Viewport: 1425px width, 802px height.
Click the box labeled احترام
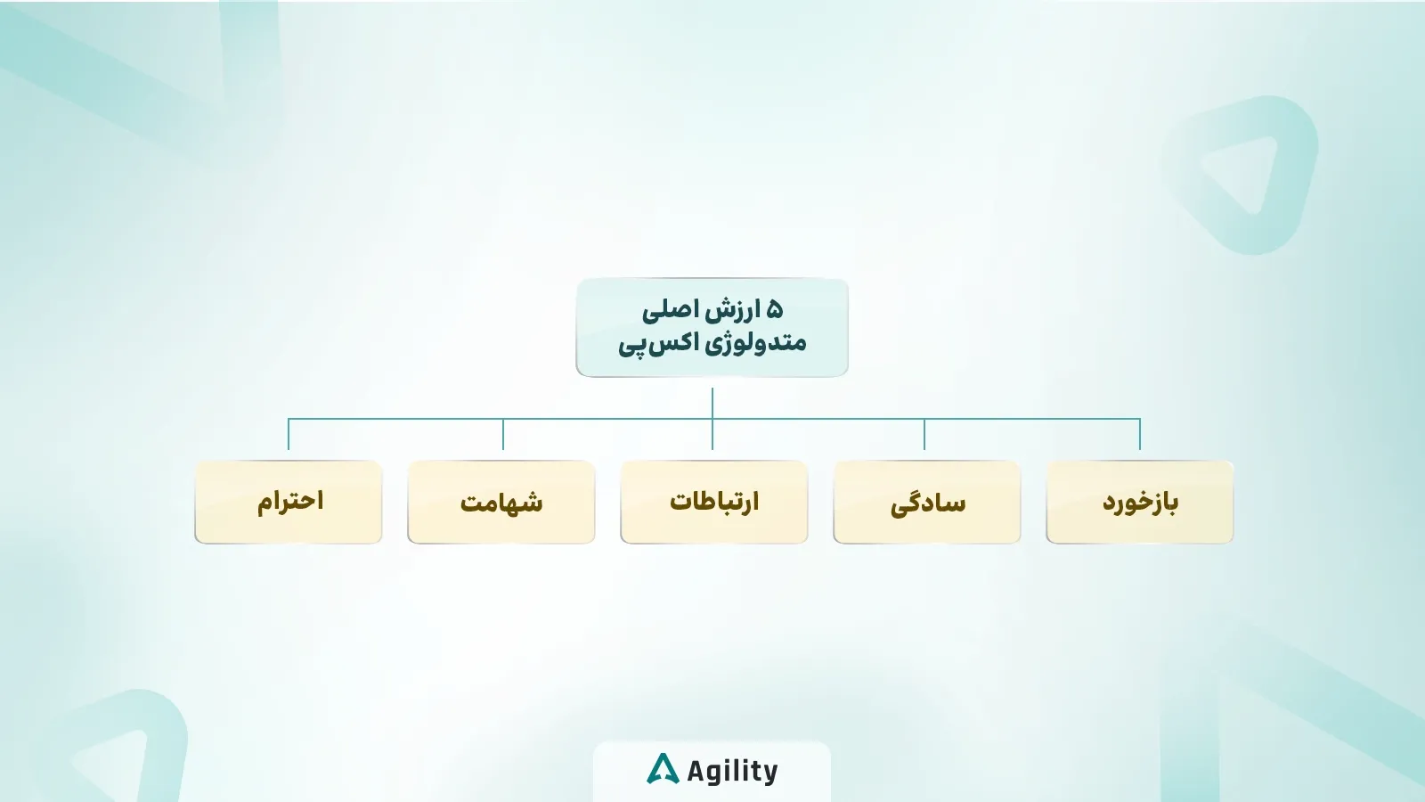(x=289, y=502)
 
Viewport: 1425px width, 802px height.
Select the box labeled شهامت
(x=501, y=502)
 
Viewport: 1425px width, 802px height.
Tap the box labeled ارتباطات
(x=714, y=502)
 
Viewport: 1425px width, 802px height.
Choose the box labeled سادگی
(x=927, y=502)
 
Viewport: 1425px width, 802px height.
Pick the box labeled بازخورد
(x=1140, y=502)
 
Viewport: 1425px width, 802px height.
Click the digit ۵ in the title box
(x=774, y=310)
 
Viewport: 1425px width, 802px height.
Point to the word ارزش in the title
(x=734, y=310)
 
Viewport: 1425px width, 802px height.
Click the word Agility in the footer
(x=732, y=771)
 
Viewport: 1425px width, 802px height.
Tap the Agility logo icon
(x=663, y=769)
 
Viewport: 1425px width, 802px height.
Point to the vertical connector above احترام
(x=289, y=435)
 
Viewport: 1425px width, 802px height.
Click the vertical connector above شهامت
(x=503, y=435)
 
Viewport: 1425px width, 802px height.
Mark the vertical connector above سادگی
(x=924, y=435)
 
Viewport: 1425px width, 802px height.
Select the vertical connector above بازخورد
(x=1140, y=435)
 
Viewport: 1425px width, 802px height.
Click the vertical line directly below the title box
(x=712, y=403)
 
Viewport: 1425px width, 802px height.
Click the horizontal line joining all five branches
(x=606, y=419)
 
